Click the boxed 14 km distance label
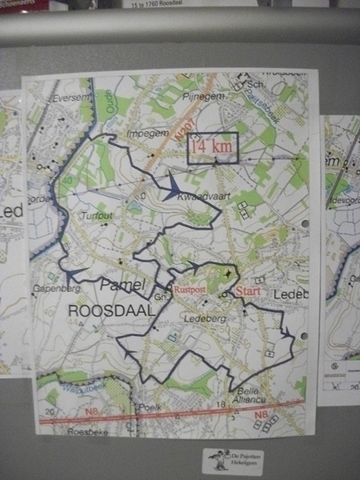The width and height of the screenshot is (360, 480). pos(213,147)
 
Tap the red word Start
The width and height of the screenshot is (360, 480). pos(248,292)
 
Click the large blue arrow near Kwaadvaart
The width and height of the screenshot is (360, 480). pos(171,189)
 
